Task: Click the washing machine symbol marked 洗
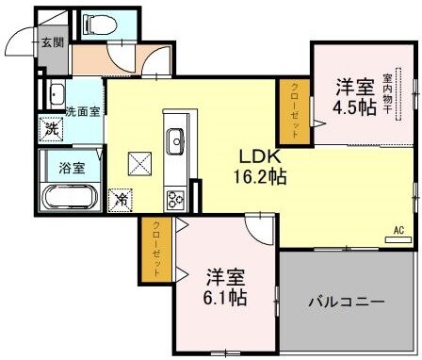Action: pos(51,130)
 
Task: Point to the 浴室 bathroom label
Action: pos(72,171)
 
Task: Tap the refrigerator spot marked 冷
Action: pos(121,199)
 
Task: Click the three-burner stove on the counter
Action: pos(175,199)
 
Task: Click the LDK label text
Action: pos(254,155)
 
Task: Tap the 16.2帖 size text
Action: pos(254,176)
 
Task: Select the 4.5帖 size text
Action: pos(353,106)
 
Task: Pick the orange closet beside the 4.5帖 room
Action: pos(292,110)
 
